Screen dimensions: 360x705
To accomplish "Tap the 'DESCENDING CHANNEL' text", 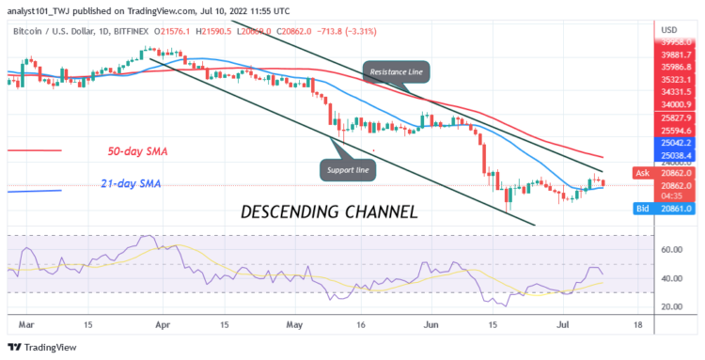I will (328, 211).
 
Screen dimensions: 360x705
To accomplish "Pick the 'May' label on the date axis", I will (296, 324).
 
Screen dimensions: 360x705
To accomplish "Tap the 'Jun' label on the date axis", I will (433, 324).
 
